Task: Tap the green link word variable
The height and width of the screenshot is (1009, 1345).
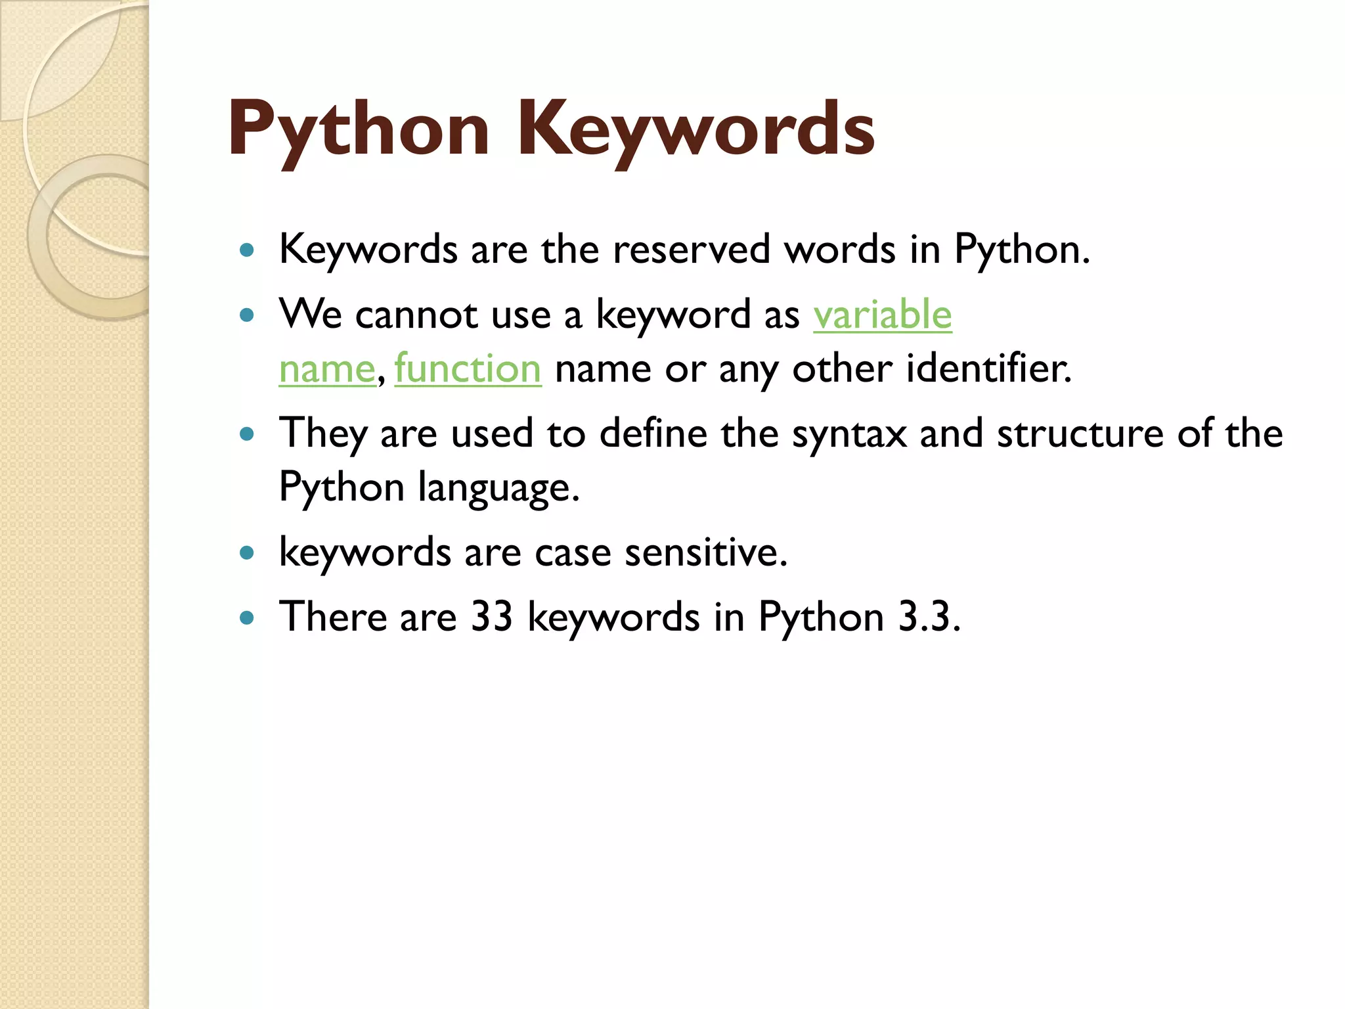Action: point(882,315)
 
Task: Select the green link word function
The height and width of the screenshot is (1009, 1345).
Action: point(468,369)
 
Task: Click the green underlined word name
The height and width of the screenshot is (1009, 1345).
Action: point(326,370)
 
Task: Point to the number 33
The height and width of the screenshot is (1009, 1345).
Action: point(491,617)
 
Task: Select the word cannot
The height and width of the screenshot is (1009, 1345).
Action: point(416,315)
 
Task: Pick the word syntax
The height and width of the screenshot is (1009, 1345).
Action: point(849,434)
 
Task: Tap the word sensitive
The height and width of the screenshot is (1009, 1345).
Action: point(705,552)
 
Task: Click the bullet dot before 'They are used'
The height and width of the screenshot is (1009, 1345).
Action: point(247,434)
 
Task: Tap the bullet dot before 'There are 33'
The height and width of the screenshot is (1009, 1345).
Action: point(247,617)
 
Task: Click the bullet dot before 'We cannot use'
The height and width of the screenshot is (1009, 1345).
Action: point(247,315)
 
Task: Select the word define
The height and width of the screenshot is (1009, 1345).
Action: point(653,434)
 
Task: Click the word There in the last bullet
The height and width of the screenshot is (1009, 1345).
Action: point(333,617)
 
